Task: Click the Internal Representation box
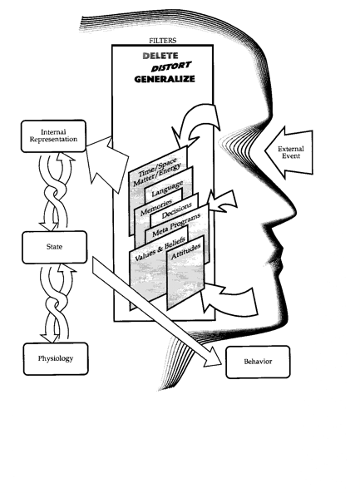[x=53, y=136]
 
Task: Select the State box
[x=54, y=247]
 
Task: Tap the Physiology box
[x=56, y=359]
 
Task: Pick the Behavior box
[x=258, y=362]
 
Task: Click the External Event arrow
[x=289, y=152]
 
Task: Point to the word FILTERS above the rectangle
[x=163, y=41]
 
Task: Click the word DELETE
[x=160, y=56]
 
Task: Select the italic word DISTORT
[x=171, y=67]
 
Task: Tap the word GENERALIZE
[x=165, y=79]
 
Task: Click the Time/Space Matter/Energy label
[x=156, y=172]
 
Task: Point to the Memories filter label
[x=156, y=207]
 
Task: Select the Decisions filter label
[x=177, y=210]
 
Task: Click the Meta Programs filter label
[x=176, y=226]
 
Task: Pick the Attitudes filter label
[x=185, y=252]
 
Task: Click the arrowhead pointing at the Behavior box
[x=213, y=358]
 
